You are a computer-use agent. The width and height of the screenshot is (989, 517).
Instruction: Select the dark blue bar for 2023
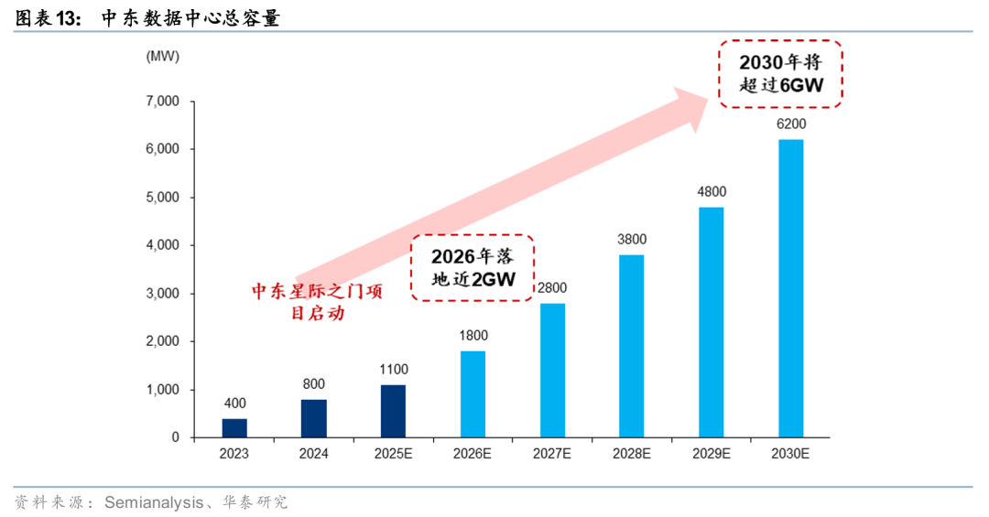[x=234, y=428]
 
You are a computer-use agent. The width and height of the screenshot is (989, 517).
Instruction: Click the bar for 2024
[x=314, y=419]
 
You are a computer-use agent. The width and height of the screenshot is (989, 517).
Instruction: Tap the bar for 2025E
[x=394, y=412]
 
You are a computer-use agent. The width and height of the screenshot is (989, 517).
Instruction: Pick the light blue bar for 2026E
[x=473, y=394]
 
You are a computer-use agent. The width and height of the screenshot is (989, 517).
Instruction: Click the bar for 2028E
[x=632, y=346]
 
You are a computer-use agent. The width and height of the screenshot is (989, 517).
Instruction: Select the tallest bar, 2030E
[x=791, y=288]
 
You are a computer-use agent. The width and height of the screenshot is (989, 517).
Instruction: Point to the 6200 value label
[x=791, y=124]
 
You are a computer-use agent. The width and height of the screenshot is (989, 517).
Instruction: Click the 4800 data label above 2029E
[x=712, y=191]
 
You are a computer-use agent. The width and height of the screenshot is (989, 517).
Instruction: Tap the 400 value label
[x=234, y=404]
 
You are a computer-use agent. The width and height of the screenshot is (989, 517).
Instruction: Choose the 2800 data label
[x=552, y=288]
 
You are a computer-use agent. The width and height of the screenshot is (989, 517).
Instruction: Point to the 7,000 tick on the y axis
[x=162, y=101]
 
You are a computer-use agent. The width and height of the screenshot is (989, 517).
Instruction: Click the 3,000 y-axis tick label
[x=162, y=294]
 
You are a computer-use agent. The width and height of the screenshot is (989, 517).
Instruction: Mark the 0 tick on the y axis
[x=175, y=438]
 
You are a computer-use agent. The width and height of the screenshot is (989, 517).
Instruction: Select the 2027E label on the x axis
[x=552, y=454]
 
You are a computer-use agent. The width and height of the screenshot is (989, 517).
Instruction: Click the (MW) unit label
[x=162, y=56]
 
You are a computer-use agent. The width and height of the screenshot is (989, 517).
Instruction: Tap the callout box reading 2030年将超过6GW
[x=780, y=74]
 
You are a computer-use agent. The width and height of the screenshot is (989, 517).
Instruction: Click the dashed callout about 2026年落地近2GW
[x=473, y=267]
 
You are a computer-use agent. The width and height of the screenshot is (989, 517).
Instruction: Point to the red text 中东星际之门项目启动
[x=317, y=301]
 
